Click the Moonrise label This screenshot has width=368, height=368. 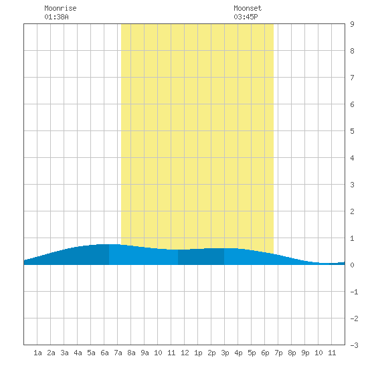60,8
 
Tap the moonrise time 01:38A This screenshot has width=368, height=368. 56,17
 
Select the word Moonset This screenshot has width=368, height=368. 248,8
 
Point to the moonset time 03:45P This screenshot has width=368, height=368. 246,17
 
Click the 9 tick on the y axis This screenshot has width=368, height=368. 352,24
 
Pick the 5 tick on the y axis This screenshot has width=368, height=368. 352,131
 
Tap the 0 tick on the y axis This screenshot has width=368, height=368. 352,265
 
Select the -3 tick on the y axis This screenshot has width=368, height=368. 354,345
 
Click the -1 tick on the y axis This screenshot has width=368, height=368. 354,292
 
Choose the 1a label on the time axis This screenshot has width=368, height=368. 37,353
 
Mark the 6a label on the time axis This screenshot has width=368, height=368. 104,353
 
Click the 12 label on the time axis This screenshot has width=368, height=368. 185,353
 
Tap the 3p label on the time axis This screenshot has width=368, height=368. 225,353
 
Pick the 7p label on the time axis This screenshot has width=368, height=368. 278,353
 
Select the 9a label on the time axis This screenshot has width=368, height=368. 145,353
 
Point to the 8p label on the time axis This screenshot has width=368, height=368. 292,353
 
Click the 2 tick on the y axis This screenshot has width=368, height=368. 352,211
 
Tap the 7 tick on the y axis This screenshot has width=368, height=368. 352,78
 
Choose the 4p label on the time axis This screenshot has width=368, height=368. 238,353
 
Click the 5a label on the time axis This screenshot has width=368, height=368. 91,353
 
